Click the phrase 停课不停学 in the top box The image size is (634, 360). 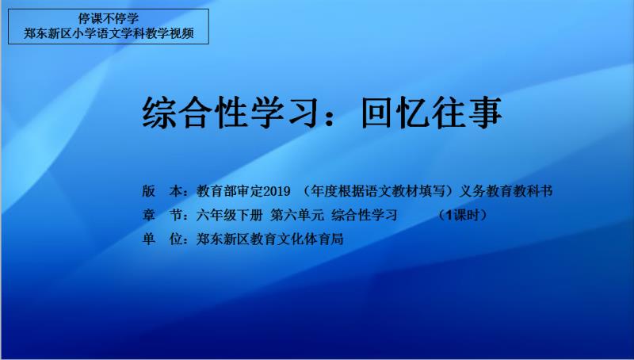[x=109, y=18]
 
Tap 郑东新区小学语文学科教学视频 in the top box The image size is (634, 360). [x=109, y=33]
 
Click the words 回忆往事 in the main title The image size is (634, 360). [x=431, y=113]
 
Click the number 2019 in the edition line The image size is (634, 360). [x=277, y=191]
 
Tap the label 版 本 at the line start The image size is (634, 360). [x=162, y=191]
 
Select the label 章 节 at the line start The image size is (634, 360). [x=162, y=215]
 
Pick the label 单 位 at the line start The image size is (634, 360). [x=162, y=239]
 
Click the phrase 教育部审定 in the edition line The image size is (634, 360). [x=230, y=191]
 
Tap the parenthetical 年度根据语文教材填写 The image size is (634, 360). [x=377, y=191]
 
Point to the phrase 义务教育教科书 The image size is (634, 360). [x=506, y=191]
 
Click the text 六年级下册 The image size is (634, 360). [x=230, y=215]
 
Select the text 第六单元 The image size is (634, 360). [x=297, y=215]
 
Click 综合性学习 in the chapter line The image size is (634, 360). [x=365, y=215]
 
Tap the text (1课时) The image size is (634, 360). [x=463, y=215]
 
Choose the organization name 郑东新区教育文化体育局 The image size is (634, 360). [x=269, y=239]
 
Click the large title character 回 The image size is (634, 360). [x=378, y=113]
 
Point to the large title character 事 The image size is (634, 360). [x=485, y=113]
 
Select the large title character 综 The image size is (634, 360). [x=159, y=113]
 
